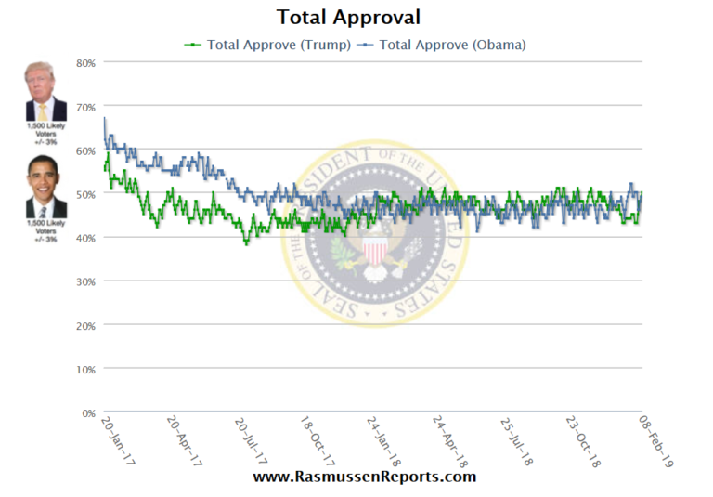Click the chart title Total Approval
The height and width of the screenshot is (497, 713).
pyautogui.click(x=348, y=17)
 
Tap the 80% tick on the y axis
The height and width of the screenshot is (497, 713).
pyautogui.click(x=85, y=62)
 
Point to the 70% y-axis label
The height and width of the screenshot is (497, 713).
pyautogui.click(x=85, y=106)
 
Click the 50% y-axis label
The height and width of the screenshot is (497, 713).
pyautogui.click(x=85, y=193)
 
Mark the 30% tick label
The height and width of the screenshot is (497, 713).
pyautogui.click(x=85, y=281)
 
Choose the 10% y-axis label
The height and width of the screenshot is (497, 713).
pyautogui.click(x=85, y=369)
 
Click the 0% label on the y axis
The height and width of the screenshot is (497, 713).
pyautogui.click(x=88, y=412)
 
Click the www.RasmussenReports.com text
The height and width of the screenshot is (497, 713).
pyautogui.click(x=364, y=477)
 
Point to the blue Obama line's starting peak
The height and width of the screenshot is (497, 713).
pyautogui.click(x=104, y=118)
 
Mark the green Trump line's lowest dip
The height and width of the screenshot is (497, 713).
pyautogui.click(x=246, y=243)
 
